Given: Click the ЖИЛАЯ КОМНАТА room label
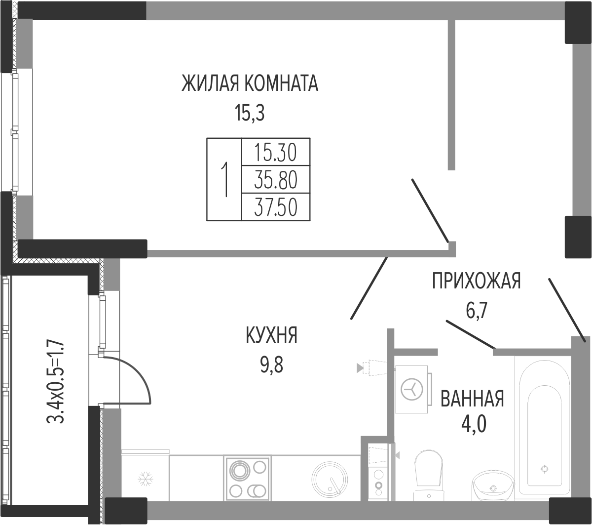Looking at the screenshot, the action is click(250, 83).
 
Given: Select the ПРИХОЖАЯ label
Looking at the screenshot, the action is click(477, 281).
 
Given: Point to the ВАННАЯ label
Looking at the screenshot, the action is click(472, 399).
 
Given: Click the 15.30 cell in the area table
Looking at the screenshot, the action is click(276, 153).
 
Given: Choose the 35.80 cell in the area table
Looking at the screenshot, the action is click(276, 180).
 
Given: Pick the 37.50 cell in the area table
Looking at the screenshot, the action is click(276, 207).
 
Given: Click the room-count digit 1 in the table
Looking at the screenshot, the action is click(224, 179).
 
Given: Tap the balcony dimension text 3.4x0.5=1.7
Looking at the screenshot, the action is click(55, 381).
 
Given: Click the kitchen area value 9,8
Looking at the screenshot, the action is click(271, 365).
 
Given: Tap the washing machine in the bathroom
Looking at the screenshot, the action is click(412, 390).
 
